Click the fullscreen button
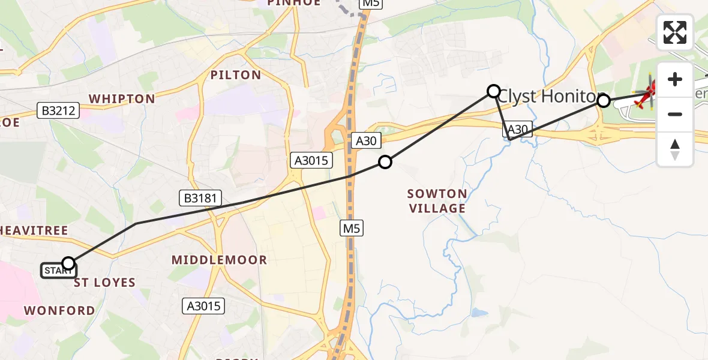click(x=675, y=32)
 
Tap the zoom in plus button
click(x=675, y=80)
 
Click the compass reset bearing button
click(x=675, y=149)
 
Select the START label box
click(x=58, y=271)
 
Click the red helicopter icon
click(x=647, y=95)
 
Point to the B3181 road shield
click(x=201, y=198)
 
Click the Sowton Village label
click(x=437, y=201)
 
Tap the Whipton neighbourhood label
click(x=122, y=98)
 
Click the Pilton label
click(x=236, y=75)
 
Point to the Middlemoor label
click(x=219, y=260)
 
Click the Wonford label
click(x=59, y=310)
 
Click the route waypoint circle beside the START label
click(x=68, y=263)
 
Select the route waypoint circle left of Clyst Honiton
click(x=493, y=91)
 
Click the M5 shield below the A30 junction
click(x=353, y=227)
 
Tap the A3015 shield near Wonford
click(x=203, y=306)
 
